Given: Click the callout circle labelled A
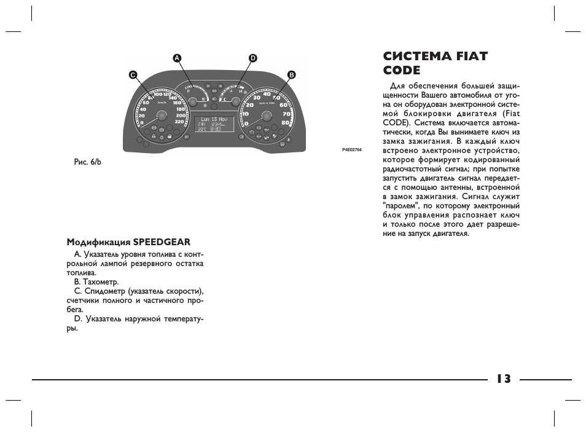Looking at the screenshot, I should coord(177,58).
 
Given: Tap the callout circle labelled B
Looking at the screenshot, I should coord(291,74).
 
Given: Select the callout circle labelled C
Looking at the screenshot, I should coord(132,74).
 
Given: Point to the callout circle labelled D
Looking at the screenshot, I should coord(252,58).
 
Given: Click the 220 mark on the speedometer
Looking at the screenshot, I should coord(179,122).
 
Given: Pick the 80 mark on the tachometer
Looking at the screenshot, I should coord(286,122).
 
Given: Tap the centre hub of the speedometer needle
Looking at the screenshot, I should coord(162,116).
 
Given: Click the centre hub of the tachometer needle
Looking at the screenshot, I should coord(265,116).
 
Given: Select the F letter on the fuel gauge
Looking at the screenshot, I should coord(189,91).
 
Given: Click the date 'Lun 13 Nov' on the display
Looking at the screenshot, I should coord(214,119).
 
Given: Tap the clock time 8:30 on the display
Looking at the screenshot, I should coord(216,129).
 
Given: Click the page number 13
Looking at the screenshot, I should coord(504,379).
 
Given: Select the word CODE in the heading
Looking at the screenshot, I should coord(402,70).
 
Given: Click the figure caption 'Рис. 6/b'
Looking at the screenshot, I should coord(87,162).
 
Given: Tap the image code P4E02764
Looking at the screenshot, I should coord(352,150).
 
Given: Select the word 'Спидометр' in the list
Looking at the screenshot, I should coord(104,291).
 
